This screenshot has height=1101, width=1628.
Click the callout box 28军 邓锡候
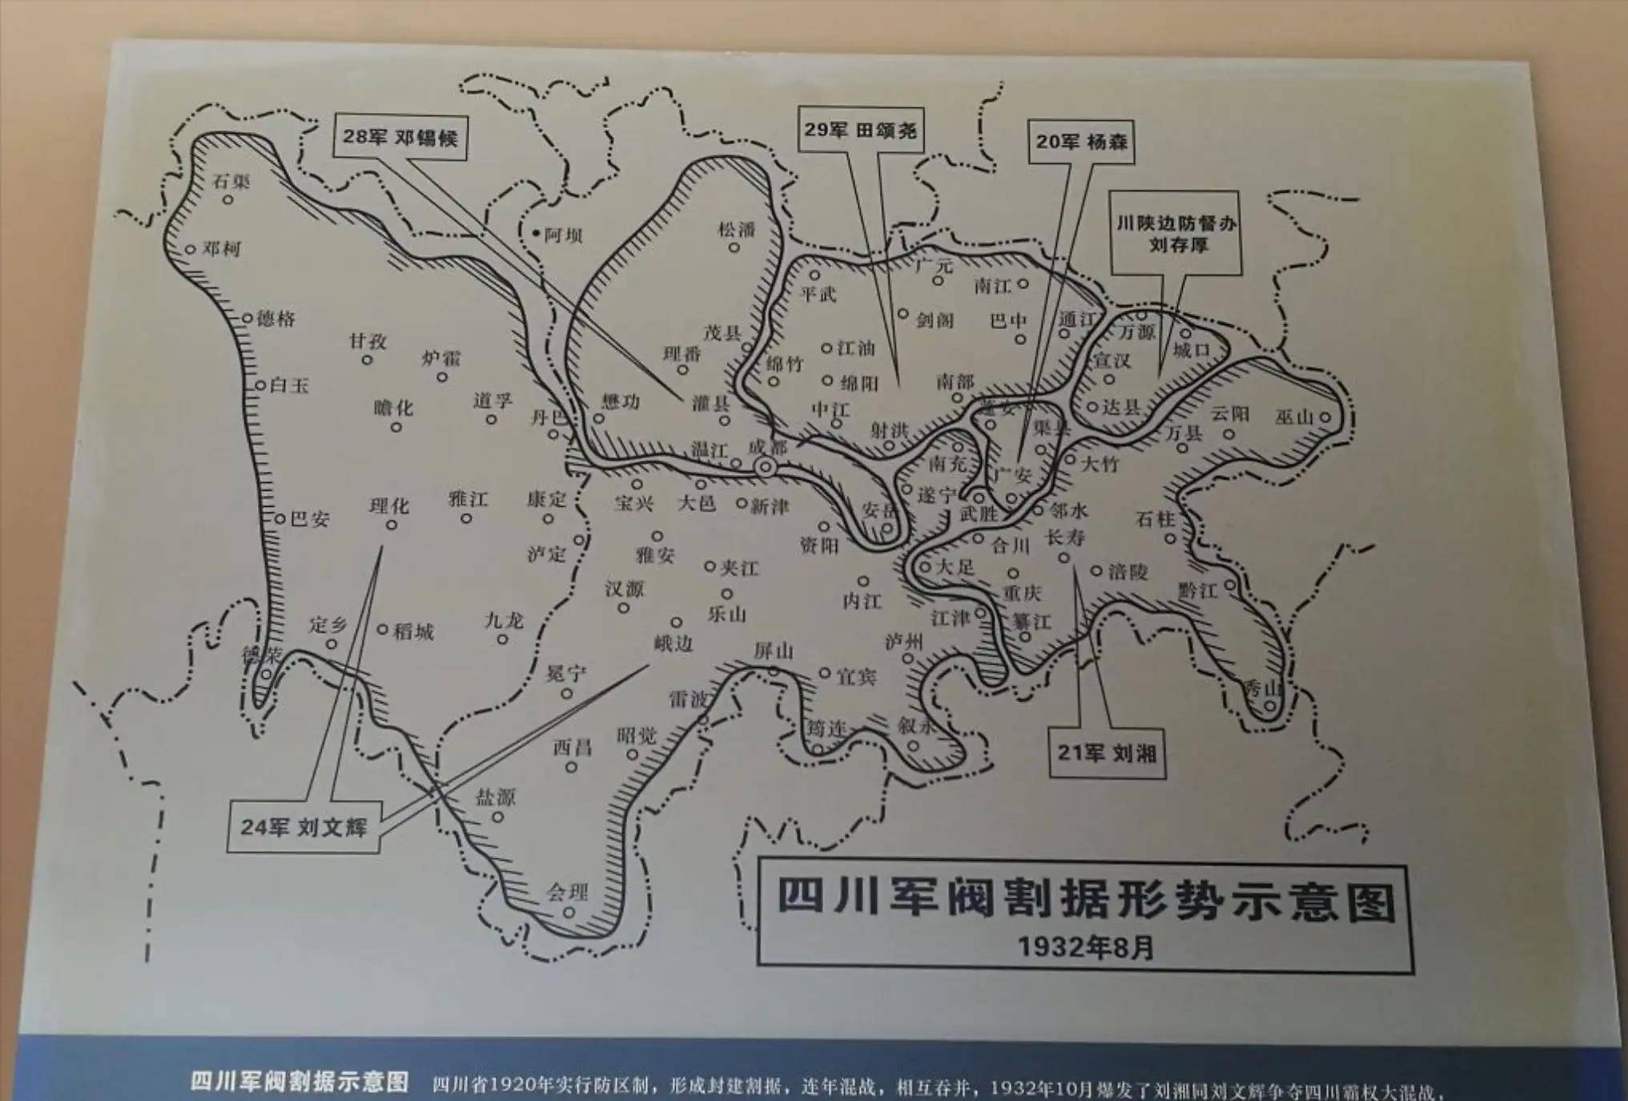pos(400,137)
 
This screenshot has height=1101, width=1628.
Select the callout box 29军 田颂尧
pos(861,130)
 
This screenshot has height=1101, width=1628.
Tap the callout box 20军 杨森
pos(1081,142)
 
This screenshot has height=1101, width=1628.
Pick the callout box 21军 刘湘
pos(1107,753)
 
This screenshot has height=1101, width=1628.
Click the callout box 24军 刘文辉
pos(303,826)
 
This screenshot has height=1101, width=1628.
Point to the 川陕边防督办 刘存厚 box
pos(1176,233)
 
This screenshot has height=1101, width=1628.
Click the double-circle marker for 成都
pos(766,467)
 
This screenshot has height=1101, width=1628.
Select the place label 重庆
pos(1022,593)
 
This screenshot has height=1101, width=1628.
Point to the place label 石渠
pos(231,182)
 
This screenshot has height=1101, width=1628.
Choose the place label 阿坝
pos(563,235)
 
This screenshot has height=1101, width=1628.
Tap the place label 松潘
pos(736,230)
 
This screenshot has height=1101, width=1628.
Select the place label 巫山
pos(1294,417)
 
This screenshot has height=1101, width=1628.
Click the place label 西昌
pos(572,748)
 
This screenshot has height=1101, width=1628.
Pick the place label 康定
pos(546,500)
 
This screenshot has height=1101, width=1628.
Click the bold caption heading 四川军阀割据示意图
pos(299,1082)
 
